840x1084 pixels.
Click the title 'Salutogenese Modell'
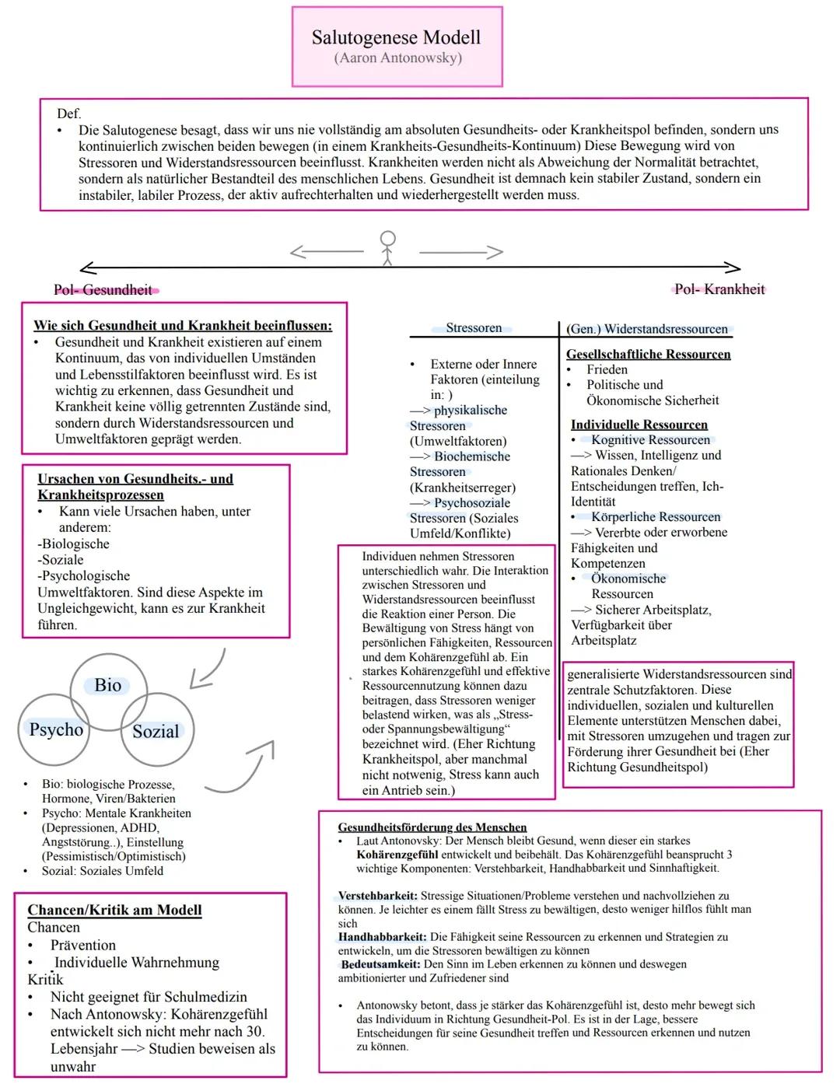396,37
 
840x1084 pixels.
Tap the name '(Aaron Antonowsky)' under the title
397,58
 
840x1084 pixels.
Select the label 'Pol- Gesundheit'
103,290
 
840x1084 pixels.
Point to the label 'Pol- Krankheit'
719,289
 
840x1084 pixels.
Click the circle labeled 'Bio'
108,685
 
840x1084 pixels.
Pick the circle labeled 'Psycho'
55,729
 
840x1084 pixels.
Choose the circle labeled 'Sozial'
156,731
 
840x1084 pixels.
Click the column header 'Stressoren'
474,328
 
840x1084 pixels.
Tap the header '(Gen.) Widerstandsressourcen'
647,329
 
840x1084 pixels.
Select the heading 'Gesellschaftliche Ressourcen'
649,354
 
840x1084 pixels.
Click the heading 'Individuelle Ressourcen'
639,425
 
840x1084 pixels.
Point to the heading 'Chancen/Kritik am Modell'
114,910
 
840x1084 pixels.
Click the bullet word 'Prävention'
83,945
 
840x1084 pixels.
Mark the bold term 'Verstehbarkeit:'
378,896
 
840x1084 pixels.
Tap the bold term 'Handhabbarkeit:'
382,937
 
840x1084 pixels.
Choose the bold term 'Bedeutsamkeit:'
380,964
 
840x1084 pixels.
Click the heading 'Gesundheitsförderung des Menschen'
432,827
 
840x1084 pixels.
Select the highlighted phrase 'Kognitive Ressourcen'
650,440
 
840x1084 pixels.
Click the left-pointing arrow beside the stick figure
326,251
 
